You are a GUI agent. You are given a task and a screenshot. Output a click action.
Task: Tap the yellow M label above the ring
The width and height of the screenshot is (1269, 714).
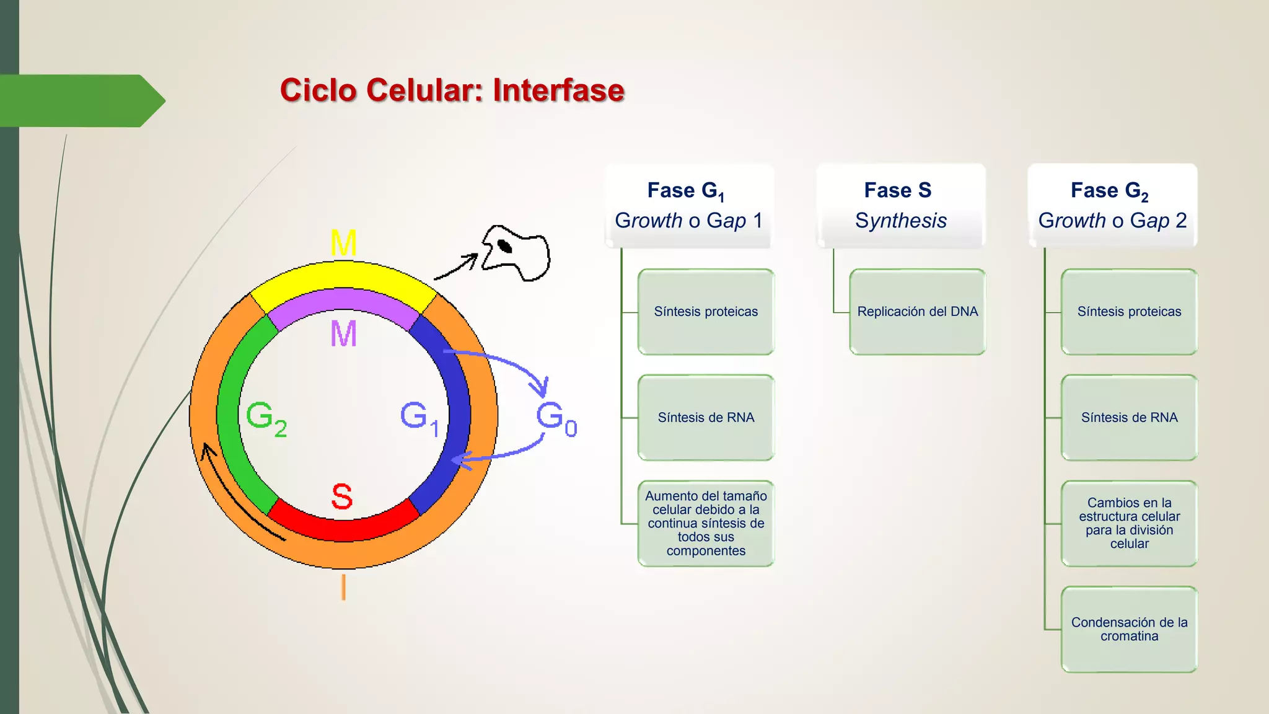tap(343, 243)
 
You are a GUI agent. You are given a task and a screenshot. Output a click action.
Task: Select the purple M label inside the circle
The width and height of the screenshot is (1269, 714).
tap(343, 333)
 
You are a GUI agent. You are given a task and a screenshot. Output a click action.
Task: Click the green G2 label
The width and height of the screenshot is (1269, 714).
tap(266, 418)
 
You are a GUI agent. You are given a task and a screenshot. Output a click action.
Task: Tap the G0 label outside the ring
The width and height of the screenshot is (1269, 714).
tap(556, 418)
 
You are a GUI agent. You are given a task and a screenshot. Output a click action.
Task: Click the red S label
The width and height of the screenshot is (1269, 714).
tap(342, 496)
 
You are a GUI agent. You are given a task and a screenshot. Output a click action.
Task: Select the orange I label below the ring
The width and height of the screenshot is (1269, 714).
tap(343, 586)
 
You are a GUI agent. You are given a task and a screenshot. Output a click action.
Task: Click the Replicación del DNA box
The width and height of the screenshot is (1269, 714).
tap(917, 312)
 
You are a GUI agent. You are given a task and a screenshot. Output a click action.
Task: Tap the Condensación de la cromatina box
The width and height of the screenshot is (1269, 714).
tap(1129, 629)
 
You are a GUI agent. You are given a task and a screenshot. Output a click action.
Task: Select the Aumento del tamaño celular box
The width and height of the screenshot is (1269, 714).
tap(706, 523)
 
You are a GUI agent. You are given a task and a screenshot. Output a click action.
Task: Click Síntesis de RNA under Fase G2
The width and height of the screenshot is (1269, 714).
tap(1129, 418)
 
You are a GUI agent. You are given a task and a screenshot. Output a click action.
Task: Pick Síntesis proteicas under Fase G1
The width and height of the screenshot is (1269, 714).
tap(706, 312)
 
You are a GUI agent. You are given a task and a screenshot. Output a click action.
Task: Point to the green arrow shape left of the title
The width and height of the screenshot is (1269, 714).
tap(81, 101)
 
